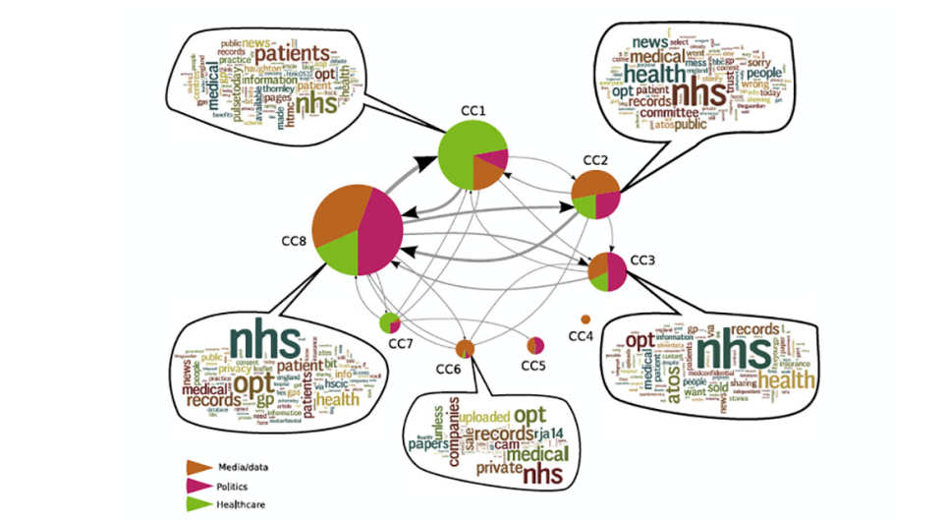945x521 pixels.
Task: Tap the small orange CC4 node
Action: [x=586, y=318]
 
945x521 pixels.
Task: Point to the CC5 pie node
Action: [x=535, y=345]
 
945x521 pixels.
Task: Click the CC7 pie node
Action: [x=390, y=321]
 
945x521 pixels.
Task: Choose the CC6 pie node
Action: [x=465, y=347]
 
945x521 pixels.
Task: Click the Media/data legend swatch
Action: [x=199, y=466]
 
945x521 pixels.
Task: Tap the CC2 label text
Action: [x=596, y=159]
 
